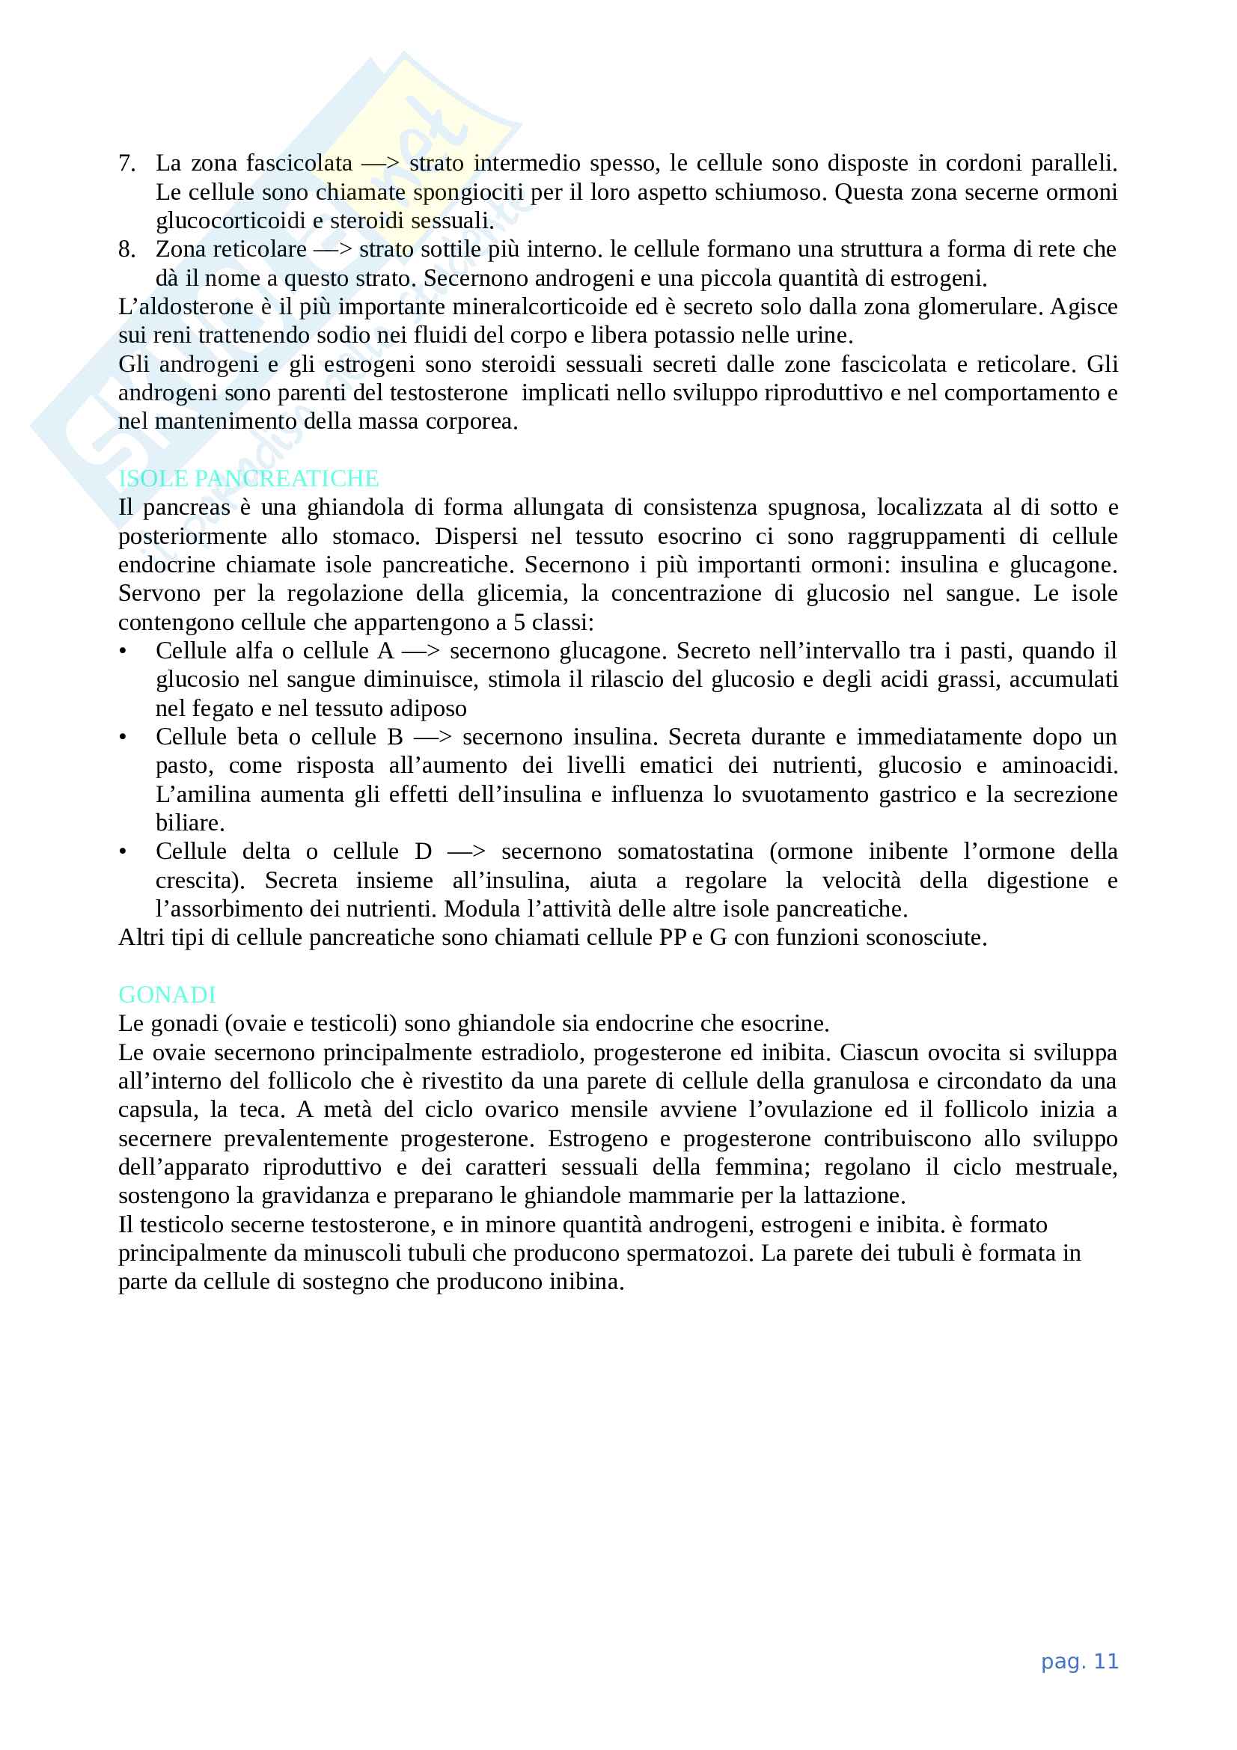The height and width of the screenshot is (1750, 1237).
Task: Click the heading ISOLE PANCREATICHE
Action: [248, 478]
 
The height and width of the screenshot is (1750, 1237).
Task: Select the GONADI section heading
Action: [167, 994]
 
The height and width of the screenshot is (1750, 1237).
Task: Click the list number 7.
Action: [126, 163]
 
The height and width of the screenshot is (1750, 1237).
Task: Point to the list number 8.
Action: [126, 249]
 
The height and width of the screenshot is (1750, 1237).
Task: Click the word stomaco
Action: [375, 536]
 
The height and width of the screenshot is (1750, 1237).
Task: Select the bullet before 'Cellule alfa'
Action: [123, 651]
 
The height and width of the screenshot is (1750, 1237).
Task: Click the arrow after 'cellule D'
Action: [466, 851]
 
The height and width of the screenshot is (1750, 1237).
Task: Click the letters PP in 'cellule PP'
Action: [673, 937]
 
